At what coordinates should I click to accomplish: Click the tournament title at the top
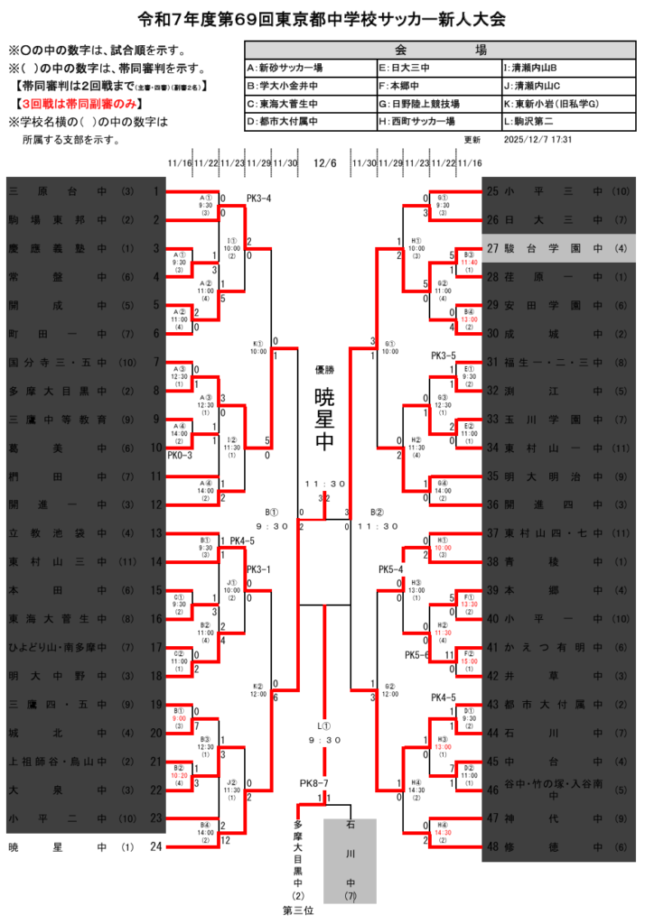pos(322,18)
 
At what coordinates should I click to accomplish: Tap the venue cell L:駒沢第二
pos(531,121)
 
